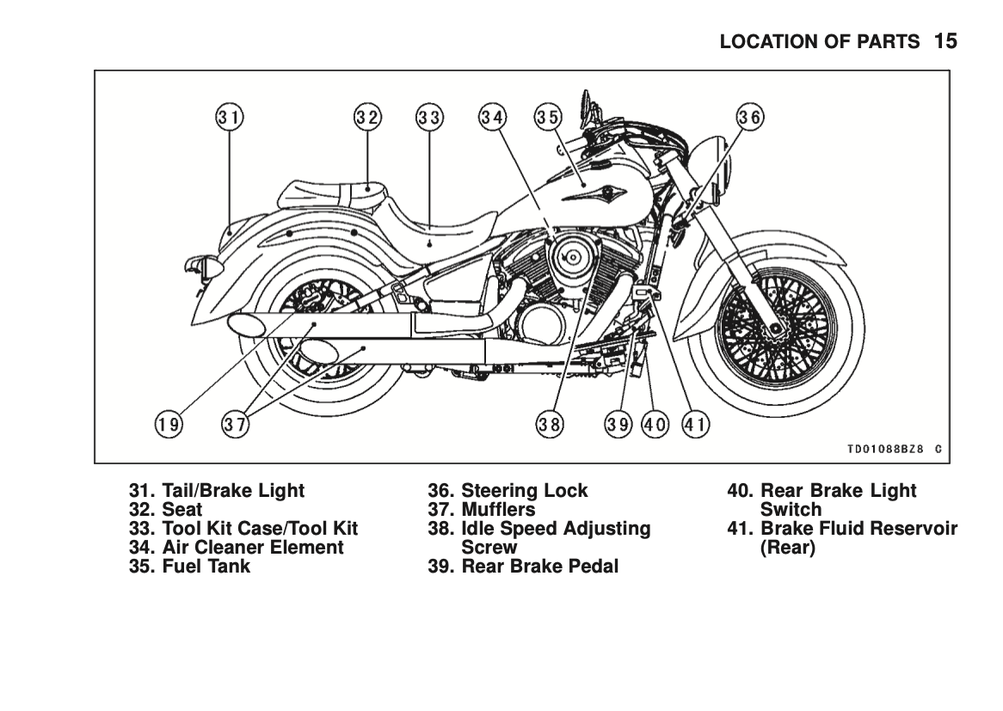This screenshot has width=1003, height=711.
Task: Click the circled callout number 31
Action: [230, 117]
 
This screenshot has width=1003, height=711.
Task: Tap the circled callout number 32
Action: [368, 117]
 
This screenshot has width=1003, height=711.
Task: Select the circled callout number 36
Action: [749, 117]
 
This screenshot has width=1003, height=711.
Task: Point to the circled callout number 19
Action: [169, 423]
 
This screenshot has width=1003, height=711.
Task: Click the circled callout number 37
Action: [236, 423]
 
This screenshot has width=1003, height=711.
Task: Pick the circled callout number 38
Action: [551, 423]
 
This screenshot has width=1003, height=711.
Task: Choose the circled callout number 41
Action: [695, 423]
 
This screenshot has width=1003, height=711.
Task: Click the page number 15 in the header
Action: [945, 41]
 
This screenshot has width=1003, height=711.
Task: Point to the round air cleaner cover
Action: [568, 256]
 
